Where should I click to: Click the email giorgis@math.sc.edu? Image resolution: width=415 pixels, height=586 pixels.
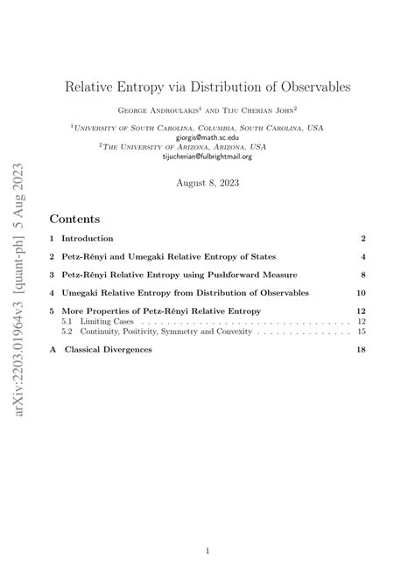207,137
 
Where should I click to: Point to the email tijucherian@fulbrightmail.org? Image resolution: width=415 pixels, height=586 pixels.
207,157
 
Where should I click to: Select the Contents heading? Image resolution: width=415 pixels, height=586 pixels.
74,218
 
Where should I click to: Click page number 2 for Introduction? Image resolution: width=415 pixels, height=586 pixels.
362,239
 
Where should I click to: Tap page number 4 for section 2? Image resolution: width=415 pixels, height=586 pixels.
362,257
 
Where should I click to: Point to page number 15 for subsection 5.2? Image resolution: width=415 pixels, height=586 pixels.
360,331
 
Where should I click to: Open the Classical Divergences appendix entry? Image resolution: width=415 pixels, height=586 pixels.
113,350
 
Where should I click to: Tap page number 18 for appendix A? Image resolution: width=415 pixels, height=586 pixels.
360,350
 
